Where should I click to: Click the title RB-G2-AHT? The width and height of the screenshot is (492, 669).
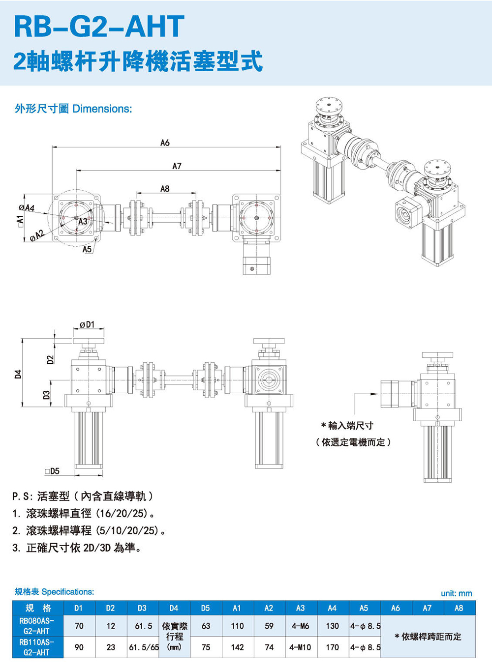click(99, 27)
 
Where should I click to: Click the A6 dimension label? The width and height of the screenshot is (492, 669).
click(165, 143)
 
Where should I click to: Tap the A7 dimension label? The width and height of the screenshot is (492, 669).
click(177, 166)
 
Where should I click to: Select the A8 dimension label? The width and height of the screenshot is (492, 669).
click(165, 189)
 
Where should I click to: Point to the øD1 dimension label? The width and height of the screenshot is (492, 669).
click(87, 324)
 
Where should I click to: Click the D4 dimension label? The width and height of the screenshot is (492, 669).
click(18, 374)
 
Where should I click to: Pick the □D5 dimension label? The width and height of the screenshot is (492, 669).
click(52, 471)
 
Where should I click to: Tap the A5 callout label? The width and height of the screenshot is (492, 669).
click(87, 249)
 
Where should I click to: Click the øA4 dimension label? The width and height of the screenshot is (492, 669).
click(27, 208)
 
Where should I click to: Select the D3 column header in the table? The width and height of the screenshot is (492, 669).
click(142, 608)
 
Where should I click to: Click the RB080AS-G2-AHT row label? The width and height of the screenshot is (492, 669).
click(37, 626)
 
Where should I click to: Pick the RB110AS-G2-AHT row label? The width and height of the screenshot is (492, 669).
click(37, 647)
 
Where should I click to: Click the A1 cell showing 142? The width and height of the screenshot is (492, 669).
click(237, 647)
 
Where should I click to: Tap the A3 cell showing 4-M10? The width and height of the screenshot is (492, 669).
click(300, 647)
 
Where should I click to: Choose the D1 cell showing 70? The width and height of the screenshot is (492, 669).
click(79, 626)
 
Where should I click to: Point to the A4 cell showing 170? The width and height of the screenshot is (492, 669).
click(332, 647)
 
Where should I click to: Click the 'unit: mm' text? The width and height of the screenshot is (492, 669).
click(456, 593)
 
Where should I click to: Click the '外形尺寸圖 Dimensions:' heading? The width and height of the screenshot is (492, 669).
click(73, 109)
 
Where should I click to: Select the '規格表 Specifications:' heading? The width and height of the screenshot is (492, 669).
click(54, 592)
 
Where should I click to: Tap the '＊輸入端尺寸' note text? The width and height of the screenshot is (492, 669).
click(347, 426)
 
